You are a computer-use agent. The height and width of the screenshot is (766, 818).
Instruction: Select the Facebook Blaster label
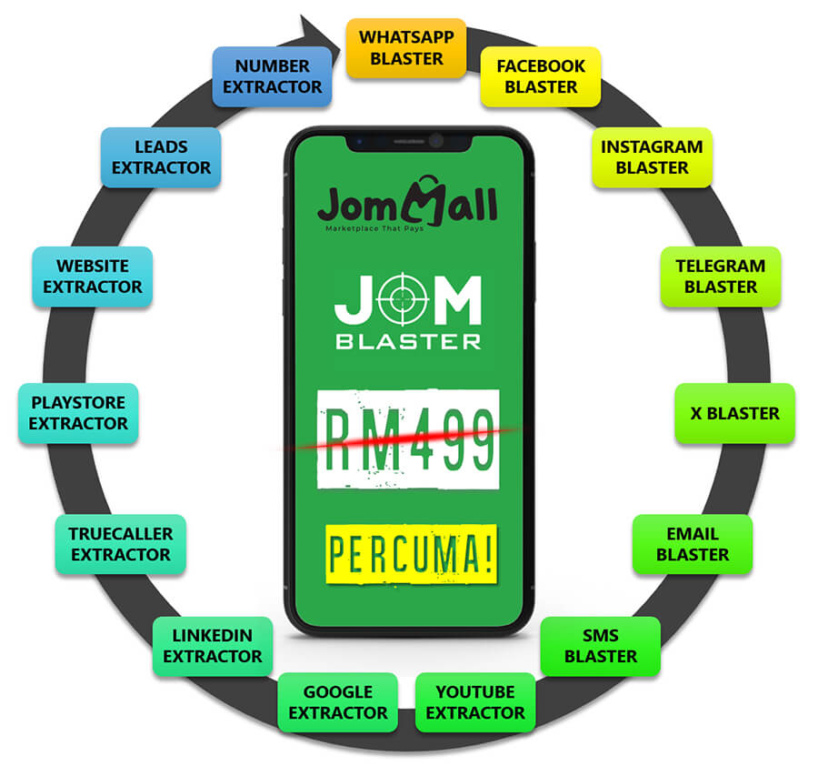[541, 76]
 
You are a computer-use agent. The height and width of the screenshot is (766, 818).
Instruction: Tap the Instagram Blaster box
[652, 157]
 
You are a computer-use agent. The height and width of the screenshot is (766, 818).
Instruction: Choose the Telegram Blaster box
[720, 277]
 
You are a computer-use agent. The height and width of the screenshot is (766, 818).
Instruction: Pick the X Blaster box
[734, 413]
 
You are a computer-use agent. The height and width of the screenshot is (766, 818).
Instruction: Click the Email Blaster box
[692, 544]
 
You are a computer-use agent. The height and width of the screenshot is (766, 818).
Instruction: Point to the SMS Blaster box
[600, 646]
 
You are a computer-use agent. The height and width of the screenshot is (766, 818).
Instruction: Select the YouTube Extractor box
[474, 702]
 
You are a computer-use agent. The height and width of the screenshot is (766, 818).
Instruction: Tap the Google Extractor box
[338, 702]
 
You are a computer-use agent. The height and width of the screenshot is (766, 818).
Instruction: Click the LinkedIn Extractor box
[212, 646]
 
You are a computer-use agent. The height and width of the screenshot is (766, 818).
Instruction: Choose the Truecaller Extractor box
[120, 544]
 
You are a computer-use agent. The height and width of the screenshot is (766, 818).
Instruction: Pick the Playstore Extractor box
[78, 413]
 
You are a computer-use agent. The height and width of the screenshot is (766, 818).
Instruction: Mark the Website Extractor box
[93, 277]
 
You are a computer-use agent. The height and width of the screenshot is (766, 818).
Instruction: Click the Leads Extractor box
[161, 157]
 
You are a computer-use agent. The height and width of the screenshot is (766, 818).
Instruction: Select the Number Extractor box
[272, 76]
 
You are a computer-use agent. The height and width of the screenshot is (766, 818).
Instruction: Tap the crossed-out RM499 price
[408, 438]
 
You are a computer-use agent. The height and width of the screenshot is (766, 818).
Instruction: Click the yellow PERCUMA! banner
[411, 553]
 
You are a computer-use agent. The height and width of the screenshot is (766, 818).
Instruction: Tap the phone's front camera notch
[409, 141]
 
